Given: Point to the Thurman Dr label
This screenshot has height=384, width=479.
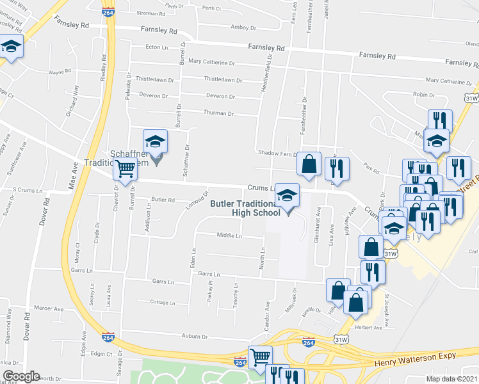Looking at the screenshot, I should tap(218, 113).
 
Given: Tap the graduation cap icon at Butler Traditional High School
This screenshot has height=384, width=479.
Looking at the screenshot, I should tap(288, 196).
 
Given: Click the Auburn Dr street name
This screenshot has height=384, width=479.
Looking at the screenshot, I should tap(195, 336).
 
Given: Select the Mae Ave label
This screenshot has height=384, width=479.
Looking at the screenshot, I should tap(74, 173).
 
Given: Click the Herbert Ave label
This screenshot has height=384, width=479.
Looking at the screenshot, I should tap(368, 328).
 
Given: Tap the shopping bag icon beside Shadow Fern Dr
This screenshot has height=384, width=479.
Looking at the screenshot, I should tap(309, 163).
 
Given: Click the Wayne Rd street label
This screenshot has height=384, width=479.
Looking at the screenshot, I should tap(60, 72).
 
